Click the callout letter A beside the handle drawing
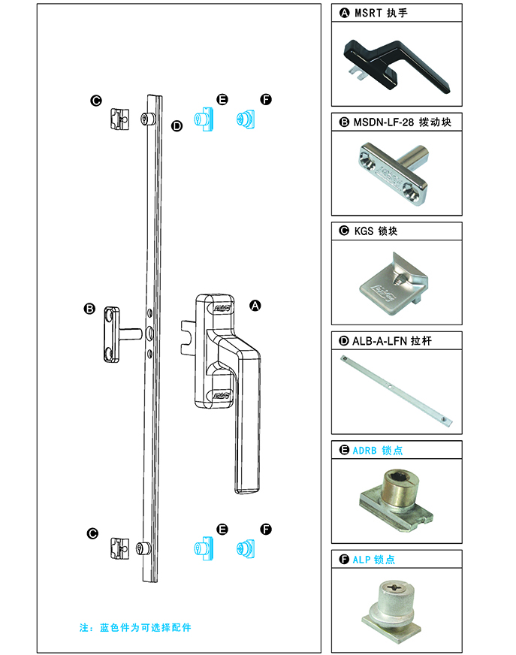coord(255,306)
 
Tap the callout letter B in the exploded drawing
coord(89,309)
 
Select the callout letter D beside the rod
coord(177,125)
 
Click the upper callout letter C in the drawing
coord(95,101)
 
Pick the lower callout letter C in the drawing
coord(92,533)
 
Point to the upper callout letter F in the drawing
coord(266,100)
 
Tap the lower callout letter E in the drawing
coord(222,530)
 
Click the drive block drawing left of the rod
coord(116,334)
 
